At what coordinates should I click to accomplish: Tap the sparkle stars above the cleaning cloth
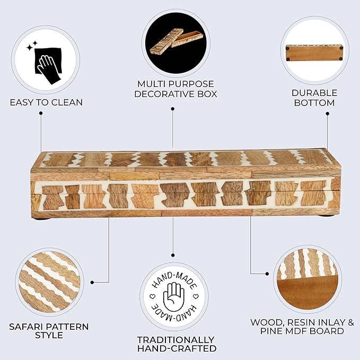[x=32, y=46]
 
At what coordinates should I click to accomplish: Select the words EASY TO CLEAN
[x=46, y=102]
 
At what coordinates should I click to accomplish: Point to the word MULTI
[x=151, y=84]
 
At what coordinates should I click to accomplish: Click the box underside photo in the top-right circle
[x=314, y=53]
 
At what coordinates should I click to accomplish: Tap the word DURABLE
[x=314, y=93]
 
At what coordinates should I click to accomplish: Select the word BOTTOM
[x=314, y=103]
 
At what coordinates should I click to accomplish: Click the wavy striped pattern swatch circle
[x=50, y=282]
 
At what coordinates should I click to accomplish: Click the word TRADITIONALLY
[x=175, y=339]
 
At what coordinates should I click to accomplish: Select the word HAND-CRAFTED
[x=177, y=348]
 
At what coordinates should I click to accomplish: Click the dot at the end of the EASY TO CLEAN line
[x=41, y=113]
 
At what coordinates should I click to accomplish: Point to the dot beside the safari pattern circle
[x=92, y=283]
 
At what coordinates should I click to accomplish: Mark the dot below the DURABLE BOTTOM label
[x=328, y=113]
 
